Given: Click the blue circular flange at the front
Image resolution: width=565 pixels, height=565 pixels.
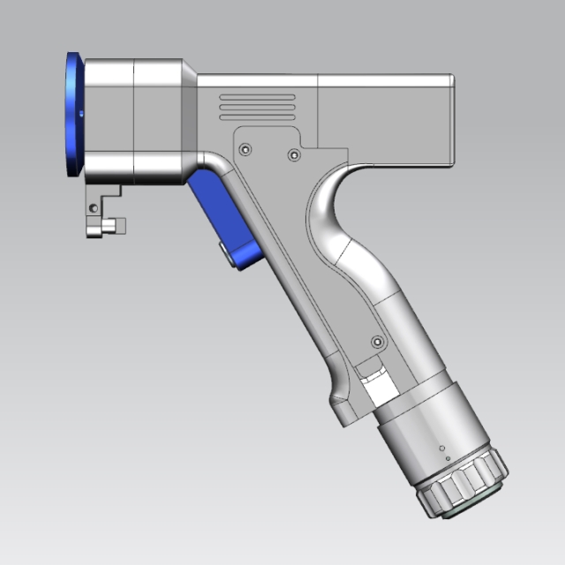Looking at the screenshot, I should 74,115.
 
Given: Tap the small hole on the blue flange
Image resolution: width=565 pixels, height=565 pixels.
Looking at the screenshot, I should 79,114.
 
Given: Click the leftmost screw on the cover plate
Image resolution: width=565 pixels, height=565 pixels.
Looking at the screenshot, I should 245,147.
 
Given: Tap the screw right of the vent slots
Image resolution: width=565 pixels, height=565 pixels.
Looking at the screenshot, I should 294,155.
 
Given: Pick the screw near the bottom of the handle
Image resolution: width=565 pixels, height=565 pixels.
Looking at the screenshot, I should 378,341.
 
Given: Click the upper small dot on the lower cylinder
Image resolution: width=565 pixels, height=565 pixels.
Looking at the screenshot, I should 440,448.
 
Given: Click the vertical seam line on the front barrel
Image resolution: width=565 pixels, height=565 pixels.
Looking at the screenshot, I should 133,115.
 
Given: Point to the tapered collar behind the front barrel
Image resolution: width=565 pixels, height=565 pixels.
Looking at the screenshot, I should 189,115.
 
